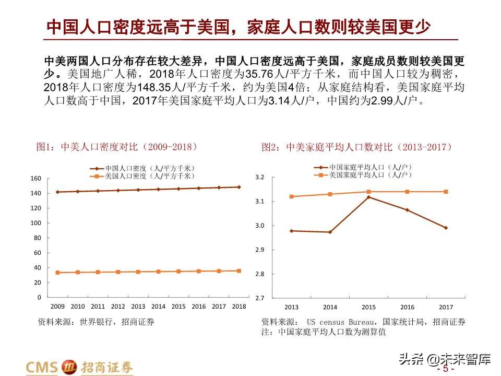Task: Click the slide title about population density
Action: coord(238,27)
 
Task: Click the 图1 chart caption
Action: coord(117,147)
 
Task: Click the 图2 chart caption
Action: coord(357,147)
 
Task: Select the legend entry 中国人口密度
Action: coord(141,169)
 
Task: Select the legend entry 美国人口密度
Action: coord(141,177)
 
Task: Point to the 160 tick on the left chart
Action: coord(35,178)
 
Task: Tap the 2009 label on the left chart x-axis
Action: coord(57,307)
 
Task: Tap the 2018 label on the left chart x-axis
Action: coord(239,307)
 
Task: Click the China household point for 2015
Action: coord(368,197)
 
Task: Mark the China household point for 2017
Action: coord(446,228)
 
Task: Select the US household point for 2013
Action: coord(291,196)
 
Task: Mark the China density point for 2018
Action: coord(239,187)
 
